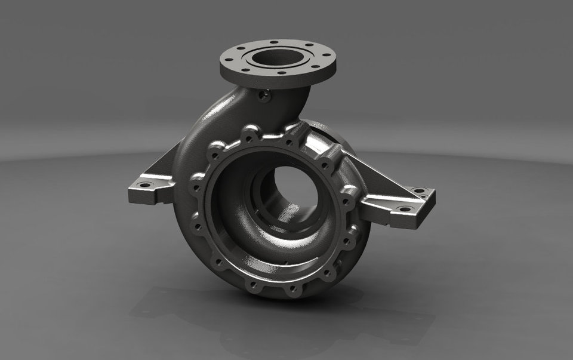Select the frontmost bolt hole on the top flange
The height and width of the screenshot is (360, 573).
[281, 73]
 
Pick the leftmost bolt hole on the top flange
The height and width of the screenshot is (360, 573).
[227, 59]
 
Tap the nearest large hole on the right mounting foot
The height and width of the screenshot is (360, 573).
[404, 210]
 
